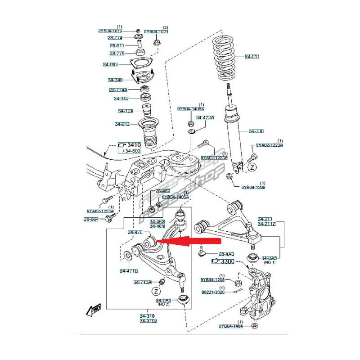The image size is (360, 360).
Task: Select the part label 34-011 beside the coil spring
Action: click(x=252, y=57)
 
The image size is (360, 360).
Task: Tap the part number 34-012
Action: click(x=122, y=124)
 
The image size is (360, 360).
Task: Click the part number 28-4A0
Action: click(x=226, y=254)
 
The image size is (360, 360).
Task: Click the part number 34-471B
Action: click(x=129, y=271)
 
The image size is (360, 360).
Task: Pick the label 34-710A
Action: click(x=142, y=282)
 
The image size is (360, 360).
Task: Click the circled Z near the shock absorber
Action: click(x=252, y=167)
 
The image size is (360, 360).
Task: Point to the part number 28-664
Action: click(x=91, y=219)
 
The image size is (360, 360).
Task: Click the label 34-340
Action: click(x=116, y=80)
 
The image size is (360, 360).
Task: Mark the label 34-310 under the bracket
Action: click(x=147, y=316)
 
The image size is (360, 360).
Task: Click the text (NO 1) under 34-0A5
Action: click(x=270, y=262)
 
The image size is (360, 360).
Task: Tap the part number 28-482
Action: click(x=163, y=191)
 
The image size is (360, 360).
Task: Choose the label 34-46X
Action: click(x=157, y=221)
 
